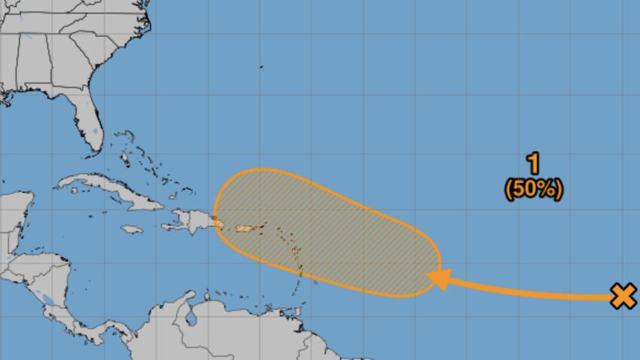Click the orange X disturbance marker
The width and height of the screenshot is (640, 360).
623,296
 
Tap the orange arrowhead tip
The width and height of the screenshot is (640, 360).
430,277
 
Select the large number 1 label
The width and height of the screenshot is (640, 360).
533,163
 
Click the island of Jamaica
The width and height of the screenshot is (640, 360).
131,229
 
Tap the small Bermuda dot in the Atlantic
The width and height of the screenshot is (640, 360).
262,67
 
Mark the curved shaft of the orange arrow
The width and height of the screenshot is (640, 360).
527,290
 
